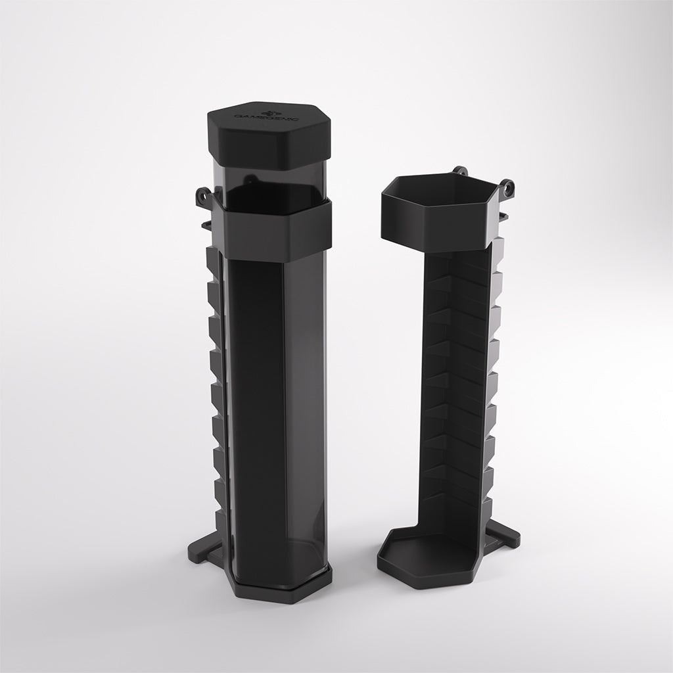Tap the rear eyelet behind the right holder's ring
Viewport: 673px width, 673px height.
coord(461,172)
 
